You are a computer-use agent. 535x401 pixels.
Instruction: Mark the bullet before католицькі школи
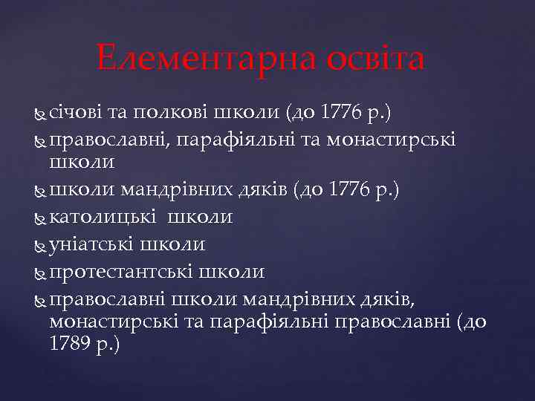pos(40,218)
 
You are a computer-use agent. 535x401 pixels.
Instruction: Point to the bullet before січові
pos(40,114)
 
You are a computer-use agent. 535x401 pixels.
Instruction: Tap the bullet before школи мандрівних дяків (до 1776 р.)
pos(40,191)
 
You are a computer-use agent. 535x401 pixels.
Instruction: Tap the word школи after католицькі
pos(200,217)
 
